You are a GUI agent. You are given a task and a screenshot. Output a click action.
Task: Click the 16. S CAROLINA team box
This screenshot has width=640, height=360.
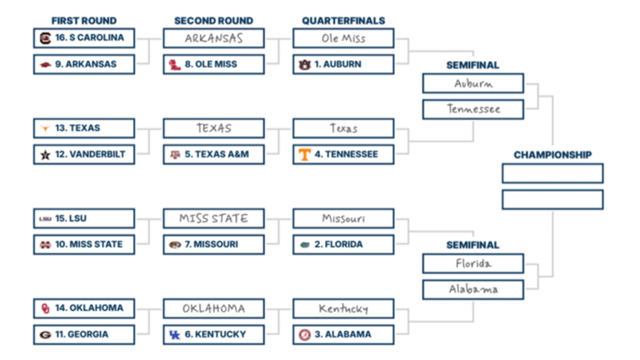pyautogui.click(x=84, y=38)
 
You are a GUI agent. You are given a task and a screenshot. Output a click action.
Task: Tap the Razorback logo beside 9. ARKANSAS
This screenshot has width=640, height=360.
pyautogui.click(x=45, y=64)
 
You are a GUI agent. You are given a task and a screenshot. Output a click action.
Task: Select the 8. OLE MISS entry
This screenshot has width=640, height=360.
pyautogui.click(x=214, y=64)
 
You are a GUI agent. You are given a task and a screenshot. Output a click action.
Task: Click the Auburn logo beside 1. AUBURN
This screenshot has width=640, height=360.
pyautogui.click(x=304, y=64)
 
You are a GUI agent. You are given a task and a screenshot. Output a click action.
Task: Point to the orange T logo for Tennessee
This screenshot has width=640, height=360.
pyautogui.click(x=305, y=154)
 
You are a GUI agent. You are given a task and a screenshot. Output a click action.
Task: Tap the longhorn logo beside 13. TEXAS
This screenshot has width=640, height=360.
pyautogui.click(x=45, y=128)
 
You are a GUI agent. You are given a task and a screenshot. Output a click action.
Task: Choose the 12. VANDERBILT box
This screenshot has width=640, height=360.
pyautogui.click(x=84, y=154)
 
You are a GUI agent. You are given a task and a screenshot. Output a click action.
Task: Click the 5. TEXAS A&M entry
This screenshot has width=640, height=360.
pyautogui.click(x=214, y=154)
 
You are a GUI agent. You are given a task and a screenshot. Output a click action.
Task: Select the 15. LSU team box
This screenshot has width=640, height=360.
pyautogui.click(x=84, y=218)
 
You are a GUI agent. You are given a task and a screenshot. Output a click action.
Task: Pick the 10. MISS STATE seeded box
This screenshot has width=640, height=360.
pyautogui.click(x=84, y=244)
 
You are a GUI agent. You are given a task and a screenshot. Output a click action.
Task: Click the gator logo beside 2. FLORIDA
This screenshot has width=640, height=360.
pyautogui.click(x=305, y=244)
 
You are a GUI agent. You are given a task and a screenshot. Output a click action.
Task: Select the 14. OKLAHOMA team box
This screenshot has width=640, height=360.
pyautogui.click(x=84, y=308)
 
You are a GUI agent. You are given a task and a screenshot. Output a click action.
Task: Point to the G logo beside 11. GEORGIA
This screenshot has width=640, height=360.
pyautogui.click(x=45, y=334)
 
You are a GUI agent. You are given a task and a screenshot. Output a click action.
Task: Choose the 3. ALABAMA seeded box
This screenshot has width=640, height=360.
pyautogui.click(x=343, y=334)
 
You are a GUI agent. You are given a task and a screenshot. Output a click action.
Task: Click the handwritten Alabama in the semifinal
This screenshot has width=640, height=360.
pyautogui.click(x=472, y=289)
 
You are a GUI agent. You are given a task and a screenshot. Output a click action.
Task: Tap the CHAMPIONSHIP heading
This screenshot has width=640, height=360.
pyautogui.click(x=552, y=155)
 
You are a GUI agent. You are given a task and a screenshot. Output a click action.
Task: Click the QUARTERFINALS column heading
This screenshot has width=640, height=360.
pyautogui.click(x=343, y=20)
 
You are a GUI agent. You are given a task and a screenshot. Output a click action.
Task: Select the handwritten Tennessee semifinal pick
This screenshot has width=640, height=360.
pyautogui.click(x=472, y=109)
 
